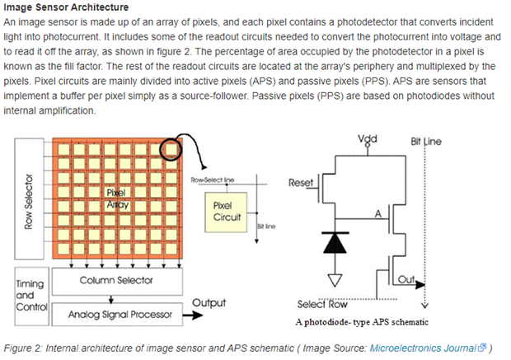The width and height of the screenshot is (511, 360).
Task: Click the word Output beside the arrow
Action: [x=209, y=303]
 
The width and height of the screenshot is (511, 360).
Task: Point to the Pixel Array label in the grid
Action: [x=114, y=199]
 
